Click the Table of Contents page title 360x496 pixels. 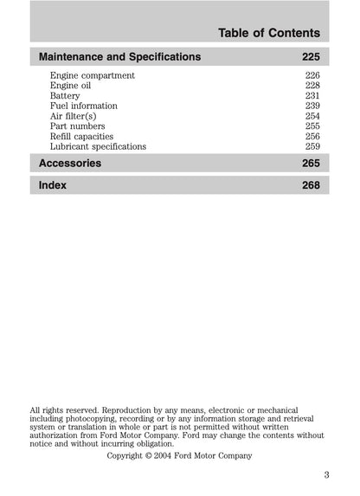pos(268,33)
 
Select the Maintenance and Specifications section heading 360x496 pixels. pos(120,57)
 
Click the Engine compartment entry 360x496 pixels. pos(93,76)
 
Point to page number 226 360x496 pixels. pos(312,76)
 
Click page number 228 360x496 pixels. pos(312,86)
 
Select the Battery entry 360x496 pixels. pos(66,96)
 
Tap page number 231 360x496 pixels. pos(312,96)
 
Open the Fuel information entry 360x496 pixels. pos(84,106)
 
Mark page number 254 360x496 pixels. pos(312,116)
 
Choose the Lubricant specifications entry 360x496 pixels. pos(98,146)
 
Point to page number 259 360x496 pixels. pos(312,146)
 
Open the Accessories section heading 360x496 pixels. pos(71,164)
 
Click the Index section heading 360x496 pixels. pos(53,185)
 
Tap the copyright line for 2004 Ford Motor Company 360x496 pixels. pos(179,454)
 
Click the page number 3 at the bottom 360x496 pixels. pos(326,473)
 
